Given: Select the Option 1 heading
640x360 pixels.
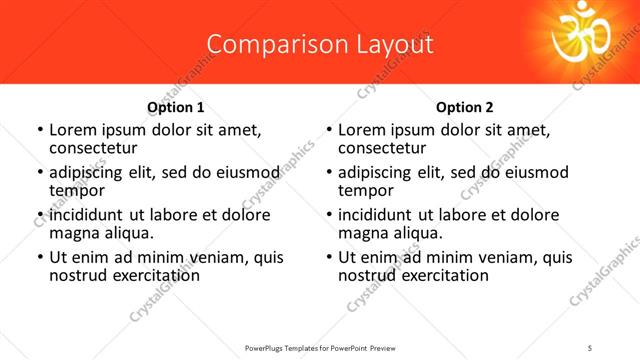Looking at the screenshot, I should (176, 107).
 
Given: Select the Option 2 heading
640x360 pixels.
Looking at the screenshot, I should (465, 107).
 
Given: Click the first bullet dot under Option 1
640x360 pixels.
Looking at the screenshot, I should (39, 131).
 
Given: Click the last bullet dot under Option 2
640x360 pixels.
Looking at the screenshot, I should (329, 258).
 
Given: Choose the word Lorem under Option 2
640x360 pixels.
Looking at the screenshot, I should (361, 130).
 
